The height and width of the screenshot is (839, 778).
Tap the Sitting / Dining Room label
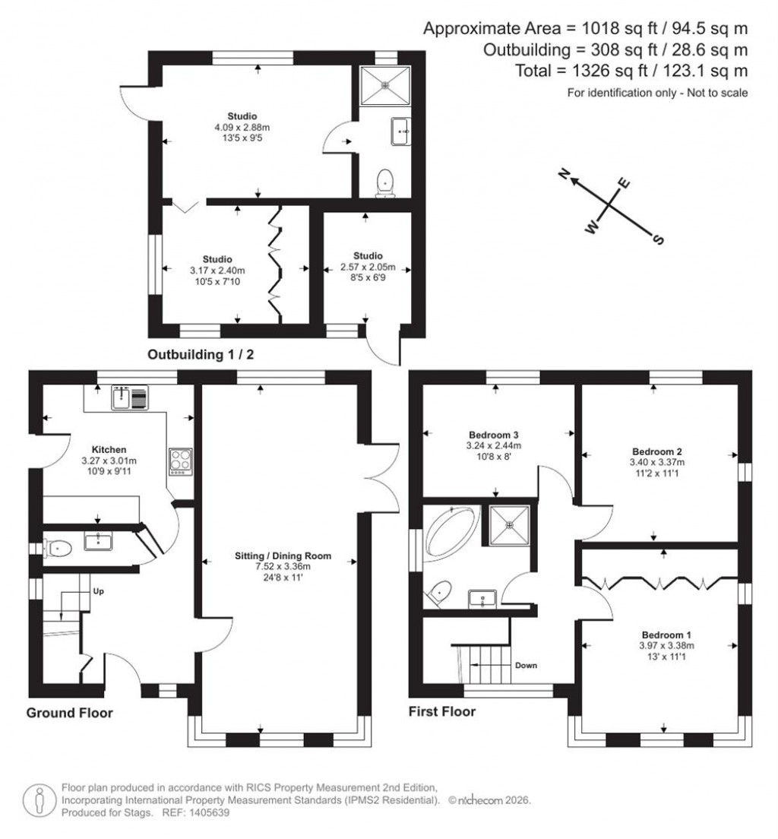(x=277, y=556)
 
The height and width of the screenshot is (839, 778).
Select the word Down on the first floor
(x=526, y=665)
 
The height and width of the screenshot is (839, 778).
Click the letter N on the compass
(x=565, y=176)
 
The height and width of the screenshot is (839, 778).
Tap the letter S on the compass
(x=658, y=240)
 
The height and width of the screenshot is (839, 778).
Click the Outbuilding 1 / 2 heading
(x=201, y=353)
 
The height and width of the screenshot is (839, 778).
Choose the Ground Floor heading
(x=69, y=713)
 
